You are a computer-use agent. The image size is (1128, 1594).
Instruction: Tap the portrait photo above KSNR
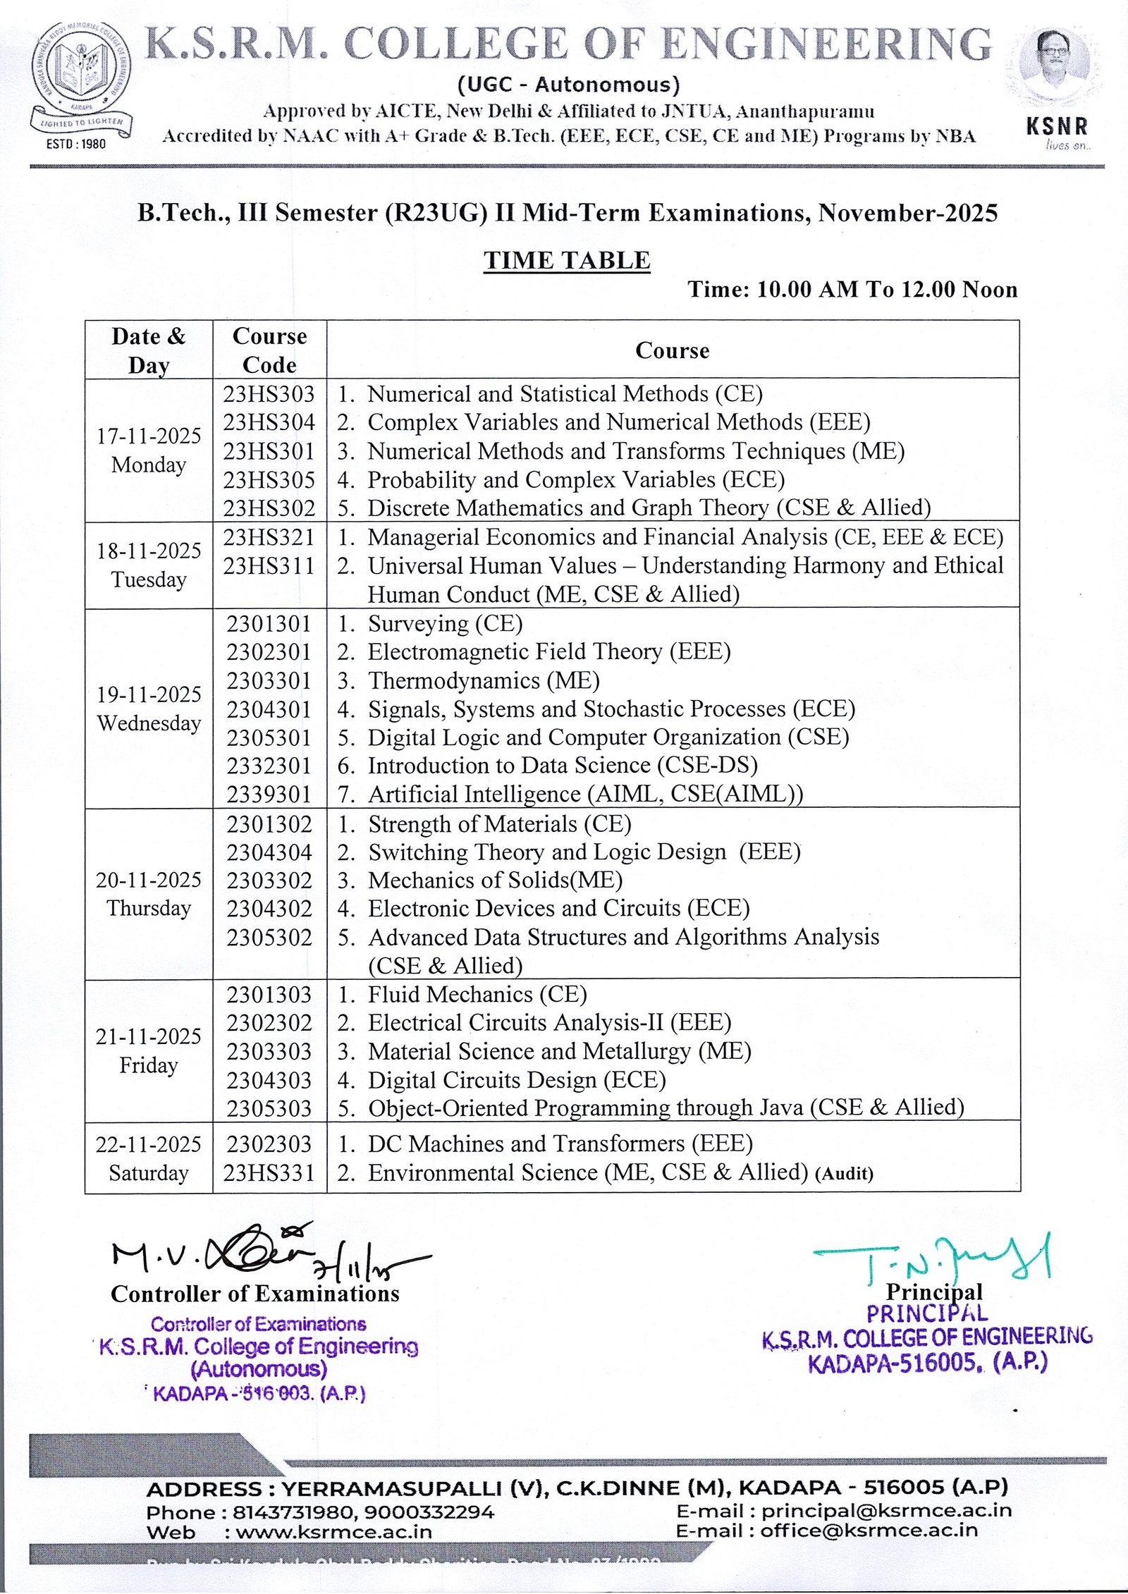click(1056, 67)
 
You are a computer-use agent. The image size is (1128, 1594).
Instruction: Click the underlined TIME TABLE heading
click(567, 260)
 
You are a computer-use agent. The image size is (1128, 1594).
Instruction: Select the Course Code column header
click(269, 350)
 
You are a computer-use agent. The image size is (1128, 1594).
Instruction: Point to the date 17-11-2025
click(149, 436)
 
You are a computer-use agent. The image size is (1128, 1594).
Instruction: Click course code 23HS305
click(269, 479)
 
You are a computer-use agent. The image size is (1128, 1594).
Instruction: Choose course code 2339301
click(269, 795)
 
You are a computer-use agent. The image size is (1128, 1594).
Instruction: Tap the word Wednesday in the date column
click(149, 723)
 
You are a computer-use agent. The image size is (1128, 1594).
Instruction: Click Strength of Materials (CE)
click(499, 823)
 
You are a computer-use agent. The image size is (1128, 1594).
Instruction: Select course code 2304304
click(269, 852)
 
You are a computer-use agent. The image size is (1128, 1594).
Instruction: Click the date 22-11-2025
click(149, 1144)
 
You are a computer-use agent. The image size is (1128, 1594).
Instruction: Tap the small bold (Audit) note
click(844, 1174)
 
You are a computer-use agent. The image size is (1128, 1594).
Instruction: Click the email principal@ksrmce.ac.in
click(886, 1510)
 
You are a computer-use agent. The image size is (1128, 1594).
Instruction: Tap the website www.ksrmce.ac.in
click(334, 1531)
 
